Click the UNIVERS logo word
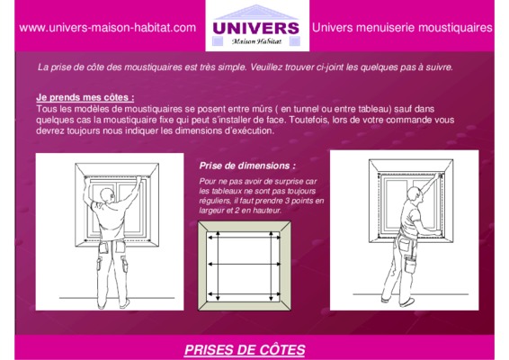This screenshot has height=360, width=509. (x=255, y=28)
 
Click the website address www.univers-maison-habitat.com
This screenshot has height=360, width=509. (x=107, y=28)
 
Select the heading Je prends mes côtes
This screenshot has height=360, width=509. (x=85, y=97)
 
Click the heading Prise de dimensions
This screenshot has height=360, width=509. (x=247, y=166)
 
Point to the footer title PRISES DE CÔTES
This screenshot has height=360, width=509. (x=245, y=350)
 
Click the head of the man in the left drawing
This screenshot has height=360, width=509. (x=107, y=196)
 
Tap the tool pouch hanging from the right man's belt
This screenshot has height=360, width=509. (x=410, y=263)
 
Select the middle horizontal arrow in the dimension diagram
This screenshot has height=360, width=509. (x=244, y=265)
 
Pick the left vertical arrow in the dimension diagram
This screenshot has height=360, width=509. (x=219, y=265)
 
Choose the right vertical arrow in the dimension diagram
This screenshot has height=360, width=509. (x=271, y=265)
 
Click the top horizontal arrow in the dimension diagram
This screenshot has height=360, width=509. (x=244, y=238)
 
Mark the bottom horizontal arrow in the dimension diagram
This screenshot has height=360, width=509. (x=244, y=294)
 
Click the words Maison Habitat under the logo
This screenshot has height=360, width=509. (x=256, y=41)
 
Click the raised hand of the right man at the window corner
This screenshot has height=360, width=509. (x=439, y=175)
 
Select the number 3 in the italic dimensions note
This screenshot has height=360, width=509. (x=287, y=201)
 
